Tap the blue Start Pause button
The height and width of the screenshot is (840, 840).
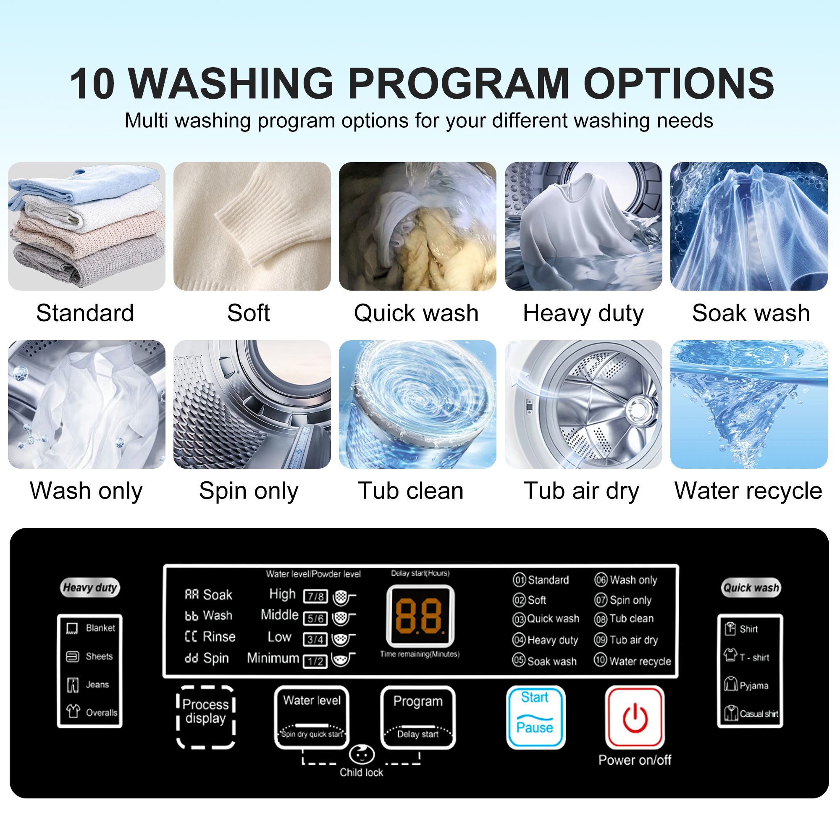pos(535,717)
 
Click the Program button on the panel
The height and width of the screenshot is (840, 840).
pos(418,717)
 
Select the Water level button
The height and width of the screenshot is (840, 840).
pos(312,717)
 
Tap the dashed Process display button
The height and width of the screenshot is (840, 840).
pos(206,717)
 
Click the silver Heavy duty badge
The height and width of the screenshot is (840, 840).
pos(90,588)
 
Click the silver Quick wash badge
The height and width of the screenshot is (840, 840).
pos(751,588)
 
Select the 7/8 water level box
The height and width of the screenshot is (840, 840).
pos(315,596)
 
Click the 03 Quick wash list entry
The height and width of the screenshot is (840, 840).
pos(546,619)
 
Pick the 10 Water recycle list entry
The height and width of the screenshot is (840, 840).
pos(633,661)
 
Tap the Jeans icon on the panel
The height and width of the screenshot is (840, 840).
pos(73,685)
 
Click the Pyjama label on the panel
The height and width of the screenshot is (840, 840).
pos(754,686)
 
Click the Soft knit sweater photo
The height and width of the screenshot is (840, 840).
pos(252,226)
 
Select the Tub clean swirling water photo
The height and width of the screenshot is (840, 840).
pos(417,404)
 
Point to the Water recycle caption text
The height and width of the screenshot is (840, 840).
pos(748,491)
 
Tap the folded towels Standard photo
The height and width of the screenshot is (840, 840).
pos(87,226)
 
